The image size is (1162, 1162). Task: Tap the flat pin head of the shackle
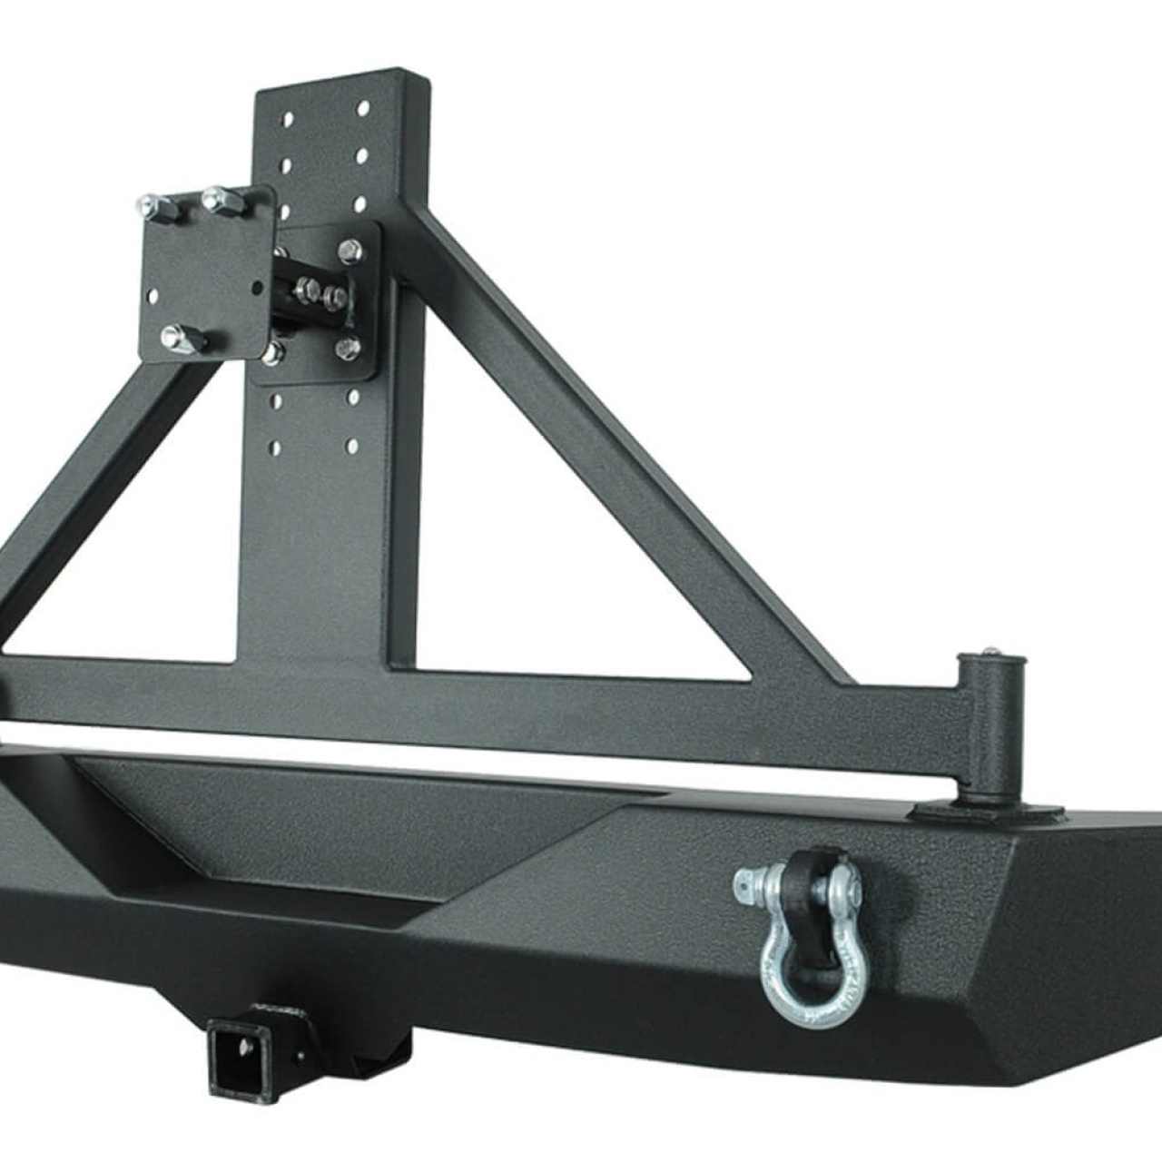(744, 881)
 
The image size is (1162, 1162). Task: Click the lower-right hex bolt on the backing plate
(347, 348)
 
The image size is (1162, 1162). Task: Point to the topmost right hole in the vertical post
(363, 109)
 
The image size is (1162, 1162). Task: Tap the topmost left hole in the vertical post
(289, 119)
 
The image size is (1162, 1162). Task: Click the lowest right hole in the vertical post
(351, 446)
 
